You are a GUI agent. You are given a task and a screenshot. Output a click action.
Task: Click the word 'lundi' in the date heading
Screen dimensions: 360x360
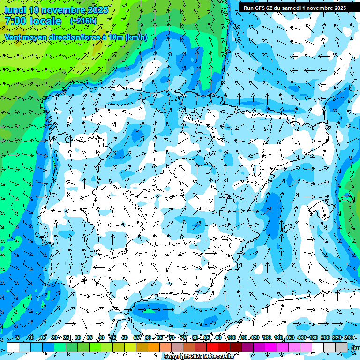[x=15, y=10]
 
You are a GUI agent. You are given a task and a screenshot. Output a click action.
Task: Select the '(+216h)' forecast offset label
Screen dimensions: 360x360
[x=83, y=21]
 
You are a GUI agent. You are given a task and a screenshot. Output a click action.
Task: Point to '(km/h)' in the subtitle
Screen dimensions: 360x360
[x=136, y=37]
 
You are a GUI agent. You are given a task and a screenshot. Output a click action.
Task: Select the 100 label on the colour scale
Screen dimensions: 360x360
[x=232, y=337]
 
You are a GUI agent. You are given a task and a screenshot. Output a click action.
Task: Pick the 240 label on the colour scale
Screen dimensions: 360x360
[x=349, y=337]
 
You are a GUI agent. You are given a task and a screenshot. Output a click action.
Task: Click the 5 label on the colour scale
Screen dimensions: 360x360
[x=18, y=337]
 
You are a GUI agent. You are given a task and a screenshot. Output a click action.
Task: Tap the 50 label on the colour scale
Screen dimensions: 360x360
[x=124, y=337]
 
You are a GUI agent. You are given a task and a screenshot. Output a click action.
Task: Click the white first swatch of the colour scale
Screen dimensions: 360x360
[x=13, y=347]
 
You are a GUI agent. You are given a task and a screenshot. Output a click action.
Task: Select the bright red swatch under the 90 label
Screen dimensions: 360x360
[x=212, y=347]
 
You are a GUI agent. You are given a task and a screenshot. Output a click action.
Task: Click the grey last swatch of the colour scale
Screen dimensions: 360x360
[x=341, y=347]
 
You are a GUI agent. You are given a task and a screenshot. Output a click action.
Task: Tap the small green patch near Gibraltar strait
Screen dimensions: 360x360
[x=149, y=310]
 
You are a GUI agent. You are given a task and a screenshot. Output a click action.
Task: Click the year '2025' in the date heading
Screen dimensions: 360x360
[x=95, y=10]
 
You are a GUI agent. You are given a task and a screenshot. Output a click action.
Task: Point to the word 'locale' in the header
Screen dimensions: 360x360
[x=44, y=21]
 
